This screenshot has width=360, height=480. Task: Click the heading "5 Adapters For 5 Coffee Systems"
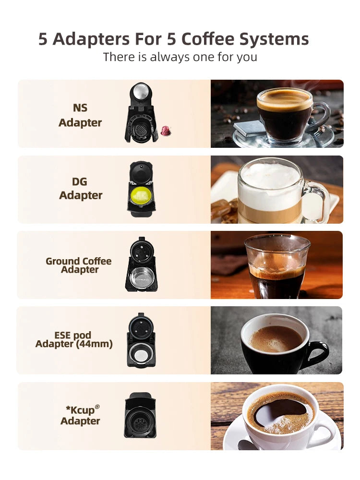(173, 39)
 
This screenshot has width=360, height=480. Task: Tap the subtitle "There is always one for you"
(180, 57)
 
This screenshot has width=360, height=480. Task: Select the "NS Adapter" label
(80, 115)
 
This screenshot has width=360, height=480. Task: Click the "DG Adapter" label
(80, 188)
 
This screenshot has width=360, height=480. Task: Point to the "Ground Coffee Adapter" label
(79, 265)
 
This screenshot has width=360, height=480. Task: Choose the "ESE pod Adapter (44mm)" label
(74, 339)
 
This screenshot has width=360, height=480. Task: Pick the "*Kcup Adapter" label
(80, 415)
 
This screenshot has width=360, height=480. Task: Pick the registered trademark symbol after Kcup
(97, 407)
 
